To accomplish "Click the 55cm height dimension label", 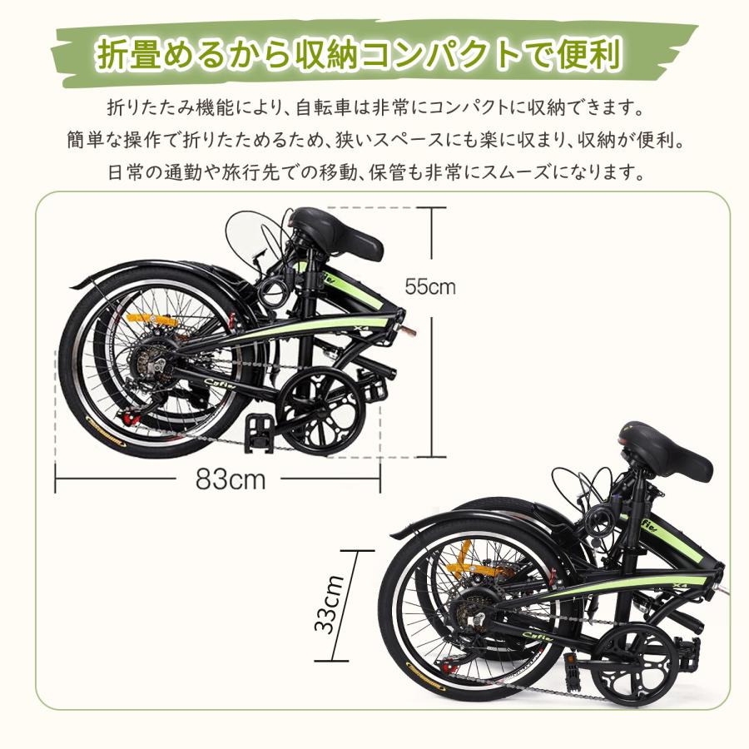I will (x=430, y=287).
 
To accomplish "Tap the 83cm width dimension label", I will (x=231, y=479).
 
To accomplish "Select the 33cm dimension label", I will (x=331, y=604).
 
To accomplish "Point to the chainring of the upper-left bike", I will (x=321, y=411).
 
